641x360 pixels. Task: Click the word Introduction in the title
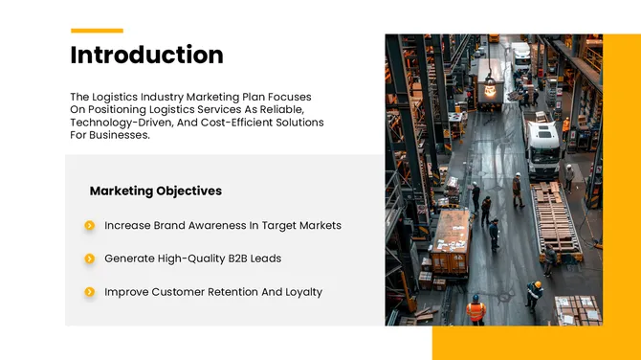coord(146,56)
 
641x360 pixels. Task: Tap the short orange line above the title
coord(97,31)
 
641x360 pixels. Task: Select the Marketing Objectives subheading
coord(155,191)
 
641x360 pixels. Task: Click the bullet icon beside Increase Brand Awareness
coord(89,226)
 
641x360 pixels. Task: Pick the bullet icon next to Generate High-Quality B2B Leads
coord(89,259)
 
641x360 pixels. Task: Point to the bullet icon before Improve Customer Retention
coord(89,292)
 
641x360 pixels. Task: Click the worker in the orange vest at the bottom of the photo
coord(475,309)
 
